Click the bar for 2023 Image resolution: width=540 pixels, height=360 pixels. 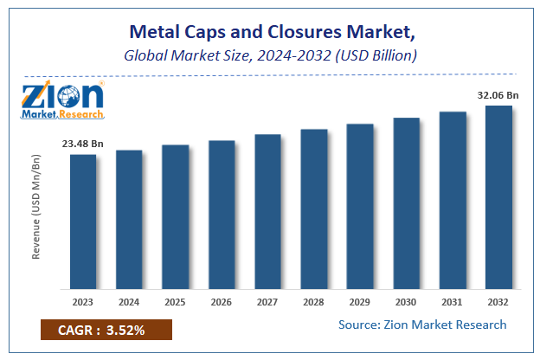(x=83, y=222)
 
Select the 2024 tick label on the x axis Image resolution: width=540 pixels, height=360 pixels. (x=129, y=302)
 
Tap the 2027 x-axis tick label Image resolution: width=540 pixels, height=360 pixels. (x=267, y=302)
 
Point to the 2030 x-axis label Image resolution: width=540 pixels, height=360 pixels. (x=406, y=302)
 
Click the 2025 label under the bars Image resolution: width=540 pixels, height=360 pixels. (x=175, y=302)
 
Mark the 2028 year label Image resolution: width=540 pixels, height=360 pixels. (x=314, y=302)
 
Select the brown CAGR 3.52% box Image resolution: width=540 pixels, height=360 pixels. (x=106, y=330)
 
